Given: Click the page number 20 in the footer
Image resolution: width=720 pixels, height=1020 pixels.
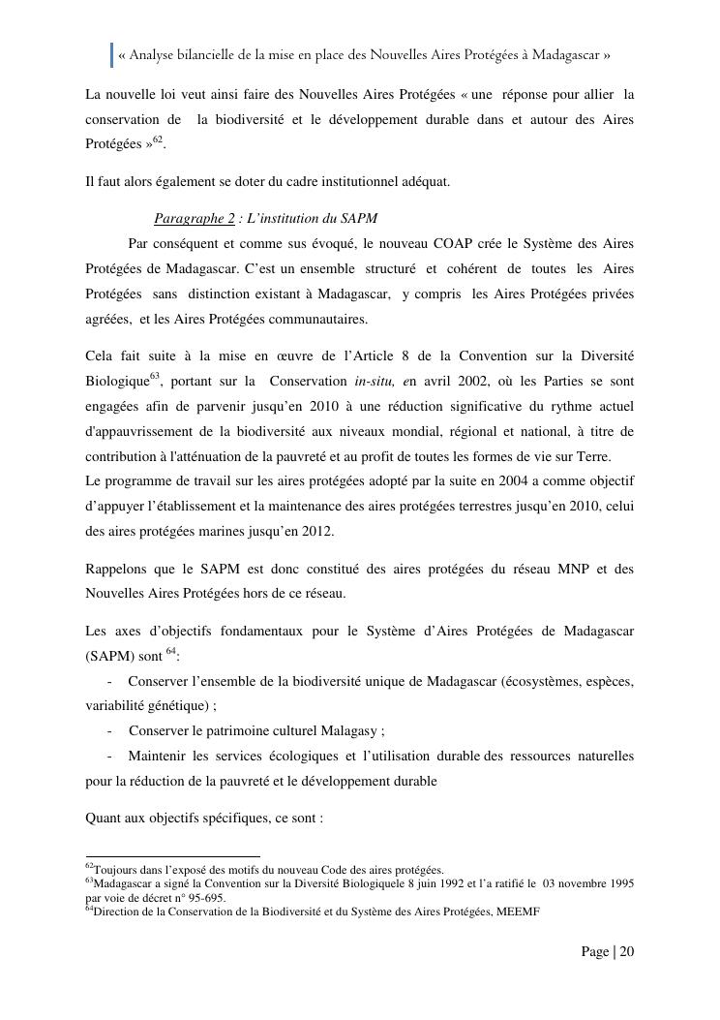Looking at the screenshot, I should (626, 952).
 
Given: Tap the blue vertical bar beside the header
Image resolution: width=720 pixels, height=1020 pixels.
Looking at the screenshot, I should (111, 55).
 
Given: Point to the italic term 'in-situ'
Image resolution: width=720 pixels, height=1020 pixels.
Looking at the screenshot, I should (375, 381).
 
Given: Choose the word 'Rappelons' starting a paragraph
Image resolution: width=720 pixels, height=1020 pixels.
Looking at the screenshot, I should (116, 570).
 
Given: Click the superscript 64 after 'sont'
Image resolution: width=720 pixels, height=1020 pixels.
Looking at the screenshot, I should (171, 651).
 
